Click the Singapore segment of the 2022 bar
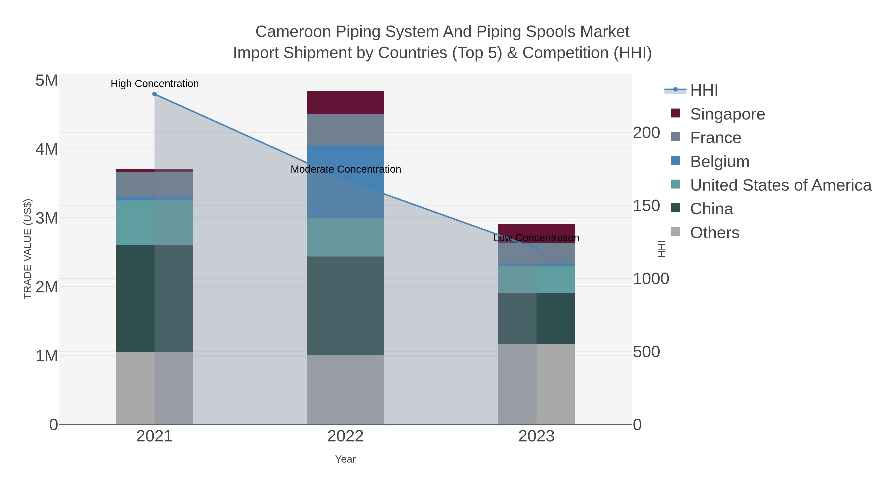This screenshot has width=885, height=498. [345, 102]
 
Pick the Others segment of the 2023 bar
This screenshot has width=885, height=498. [536, 384]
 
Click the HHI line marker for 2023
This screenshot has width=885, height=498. [536, 248]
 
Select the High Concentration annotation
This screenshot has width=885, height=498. [155, 84]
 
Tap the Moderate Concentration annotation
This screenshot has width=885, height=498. [346, 169]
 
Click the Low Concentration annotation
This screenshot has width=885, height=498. [536, 238]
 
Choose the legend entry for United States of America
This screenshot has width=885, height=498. [780, 185]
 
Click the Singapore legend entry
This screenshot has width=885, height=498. [727, 114]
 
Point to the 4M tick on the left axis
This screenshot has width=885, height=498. [46, 150]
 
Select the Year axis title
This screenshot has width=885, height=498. [345, 459]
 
